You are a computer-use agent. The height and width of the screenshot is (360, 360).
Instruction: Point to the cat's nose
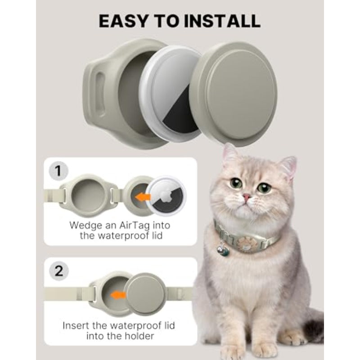coord(247,197)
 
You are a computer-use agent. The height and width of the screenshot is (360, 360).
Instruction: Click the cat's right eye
coord(264,188)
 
